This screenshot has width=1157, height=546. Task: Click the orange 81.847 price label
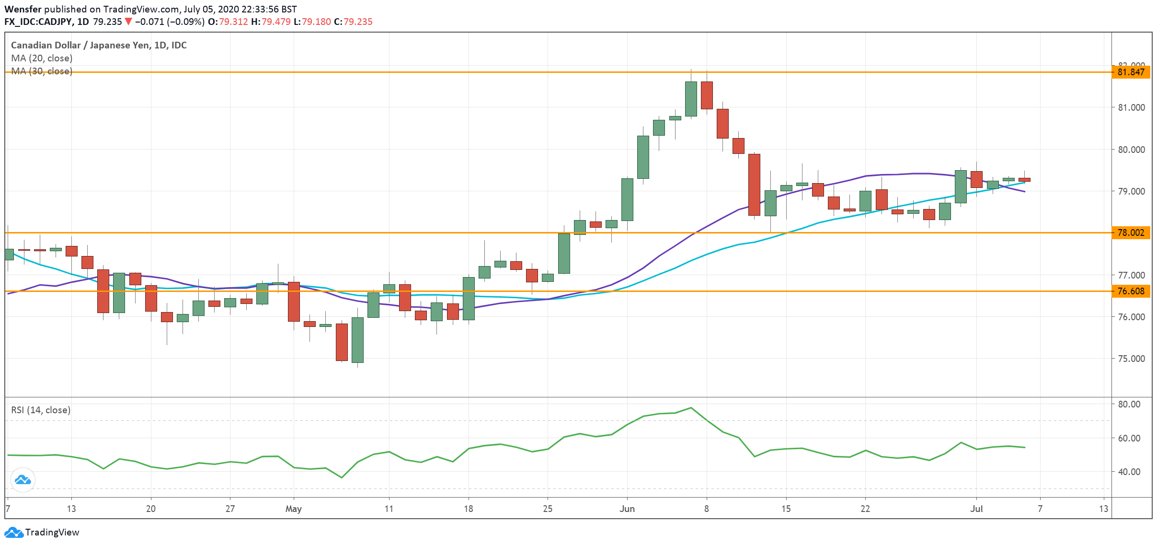[1130, 72]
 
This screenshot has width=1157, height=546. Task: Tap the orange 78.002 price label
[1130, 233]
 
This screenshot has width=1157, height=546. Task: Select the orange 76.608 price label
[1130, 291]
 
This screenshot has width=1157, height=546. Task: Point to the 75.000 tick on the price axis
[1131, 359]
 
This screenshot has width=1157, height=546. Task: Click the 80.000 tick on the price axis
[1131, 150]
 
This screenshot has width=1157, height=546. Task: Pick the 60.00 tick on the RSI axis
[1129, 438]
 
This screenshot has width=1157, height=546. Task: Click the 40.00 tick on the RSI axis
[1129, 472]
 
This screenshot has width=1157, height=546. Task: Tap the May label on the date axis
[293, 509]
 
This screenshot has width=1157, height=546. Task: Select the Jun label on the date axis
[627, 509]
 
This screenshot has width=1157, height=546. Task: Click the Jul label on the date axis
[976, 509]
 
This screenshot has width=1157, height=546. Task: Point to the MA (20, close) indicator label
[42, 58]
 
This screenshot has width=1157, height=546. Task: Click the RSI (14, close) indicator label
[41, 410]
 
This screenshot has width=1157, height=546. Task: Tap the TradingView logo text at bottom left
[52, 533]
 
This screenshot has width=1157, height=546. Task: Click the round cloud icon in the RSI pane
[23, 480]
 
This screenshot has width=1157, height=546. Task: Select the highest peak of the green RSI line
[690, 408]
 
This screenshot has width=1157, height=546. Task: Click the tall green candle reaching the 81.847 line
[691, 99]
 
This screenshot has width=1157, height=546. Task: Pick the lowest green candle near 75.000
[357, 340]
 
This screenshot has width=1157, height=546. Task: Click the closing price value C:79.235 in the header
[353, 22]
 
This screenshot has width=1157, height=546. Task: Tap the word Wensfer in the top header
[23, 9]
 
